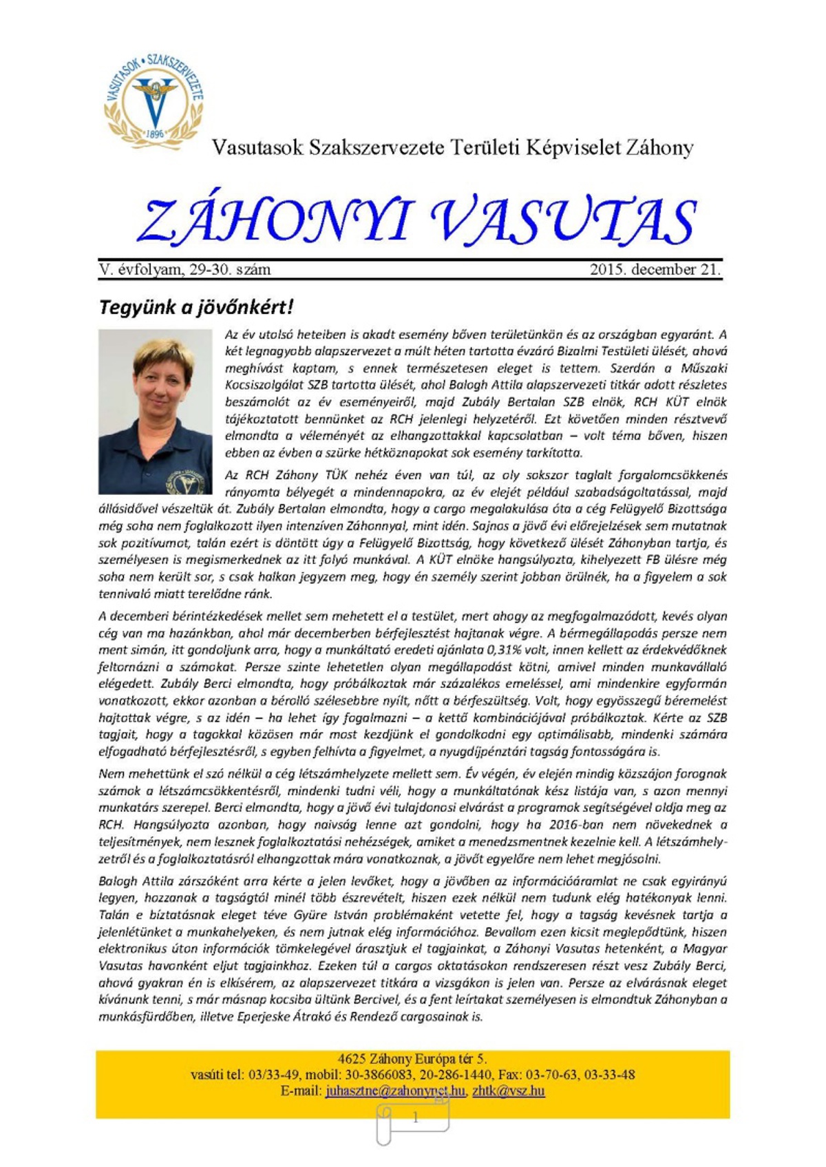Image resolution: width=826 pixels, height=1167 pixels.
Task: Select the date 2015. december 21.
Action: (655, 270)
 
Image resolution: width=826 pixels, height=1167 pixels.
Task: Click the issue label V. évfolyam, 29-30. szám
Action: (185, 270)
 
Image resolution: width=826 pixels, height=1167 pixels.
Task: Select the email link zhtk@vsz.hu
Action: (508, 1091)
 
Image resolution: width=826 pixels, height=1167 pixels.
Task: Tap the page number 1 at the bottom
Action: (415, 1118)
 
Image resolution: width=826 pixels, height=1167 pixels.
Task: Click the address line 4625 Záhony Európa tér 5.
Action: (412, 1059)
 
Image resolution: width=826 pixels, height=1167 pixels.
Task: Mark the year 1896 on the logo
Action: (154, 133)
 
